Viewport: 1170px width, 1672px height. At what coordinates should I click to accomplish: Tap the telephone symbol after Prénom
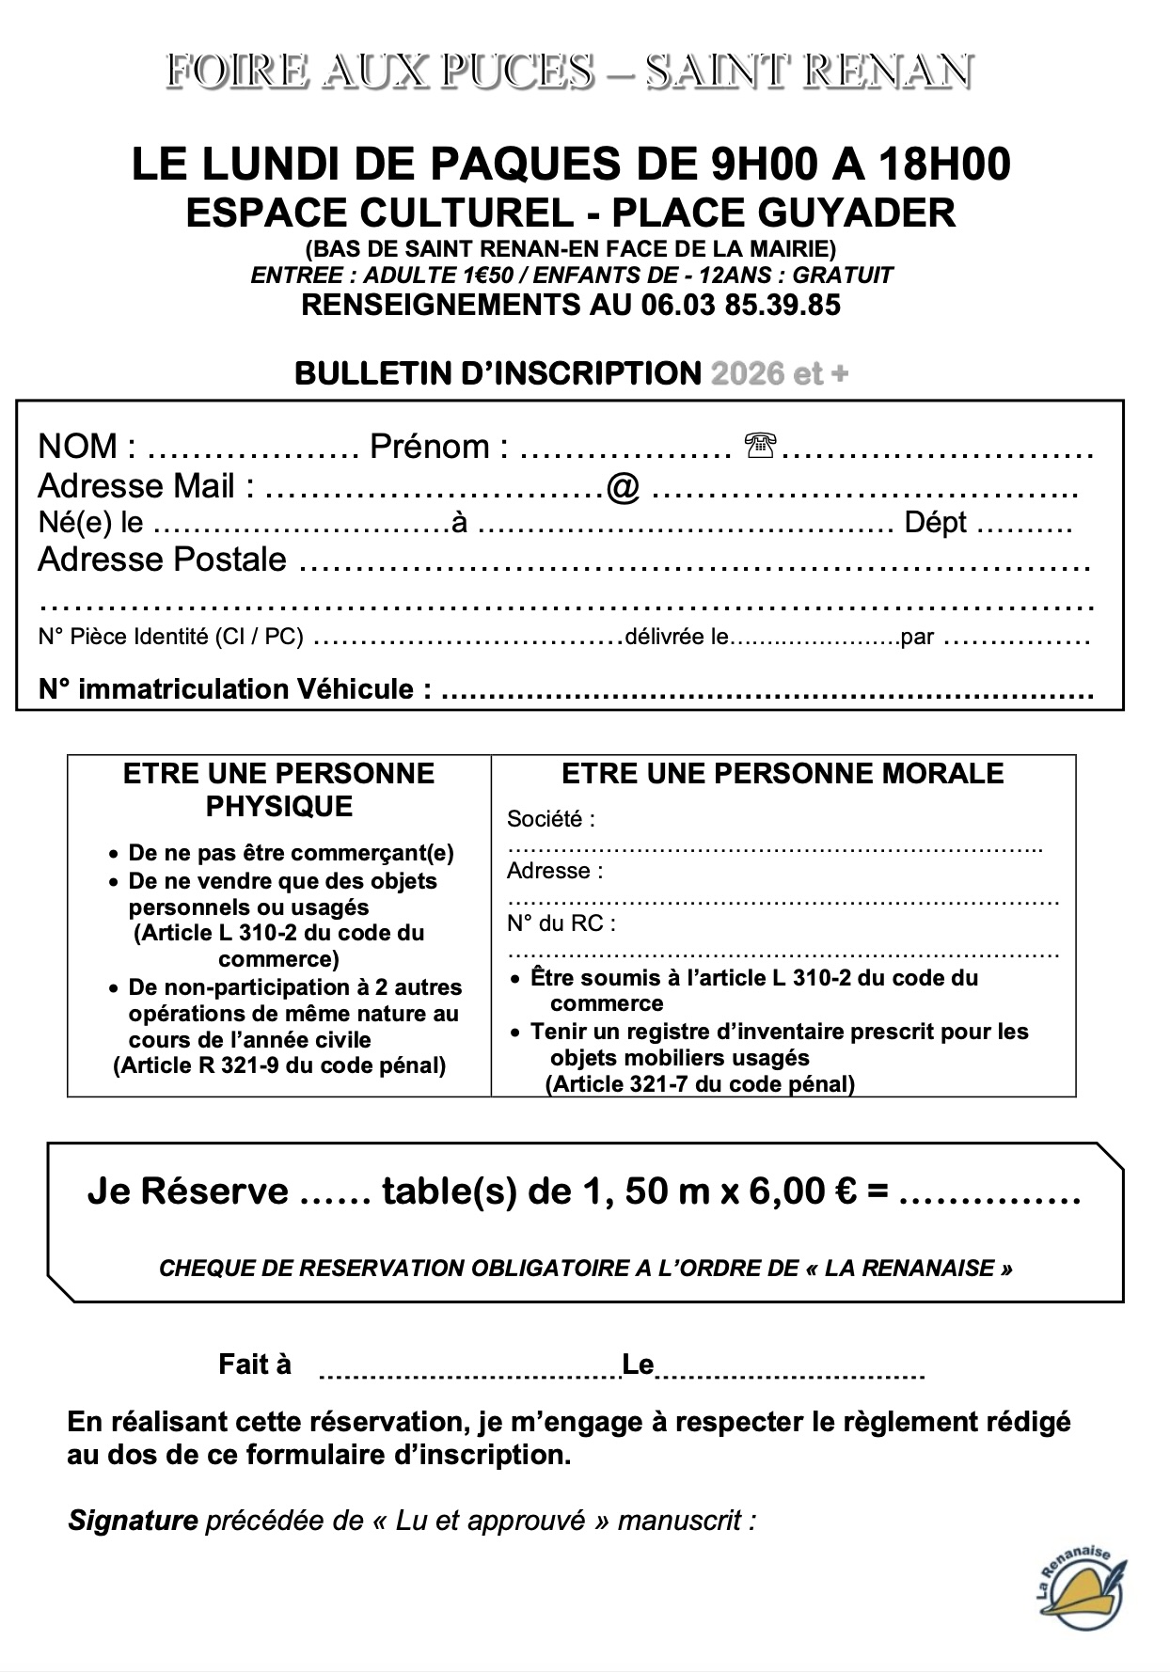(x=759, y=445)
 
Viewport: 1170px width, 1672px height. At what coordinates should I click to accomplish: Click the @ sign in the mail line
(x=624, y=487)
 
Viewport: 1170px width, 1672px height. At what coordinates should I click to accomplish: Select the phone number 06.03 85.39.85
(x=740, y=305)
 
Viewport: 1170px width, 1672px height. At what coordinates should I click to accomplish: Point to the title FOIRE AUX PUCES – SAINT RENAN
(x=570, y=72)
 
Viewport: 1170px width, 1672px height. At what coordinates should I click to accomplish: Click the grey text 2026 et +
(x=780, y=373)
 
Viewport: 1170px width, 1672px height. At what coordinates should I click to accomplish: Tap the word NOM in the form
(x=77, y=446)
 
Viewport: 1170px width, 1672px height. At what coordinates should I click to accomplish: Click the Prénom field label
(x=430, y=446)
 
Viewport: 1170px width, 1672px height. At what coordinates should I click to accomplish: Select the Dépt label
(x=935, y=523)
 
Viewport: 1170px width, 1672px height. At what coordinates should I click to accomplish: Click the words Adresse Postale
(x=162, y=560)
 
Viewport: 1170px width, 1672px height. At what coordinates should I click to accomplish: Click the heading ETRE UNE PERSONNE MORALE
(x=783, y=773)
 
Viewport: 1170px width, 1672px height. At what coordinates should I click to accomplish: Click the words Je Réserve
(x=187, y=1191)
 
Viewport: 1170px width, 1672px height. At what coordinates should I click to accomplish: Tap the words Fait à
(x=255, y=1364)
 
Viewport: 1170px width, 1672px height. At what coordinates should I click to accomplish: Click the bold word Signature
(x=133, y=1521)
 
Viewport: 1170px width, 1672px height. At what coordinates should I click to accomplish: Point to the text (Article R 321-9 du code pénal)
(x=279, y=1065)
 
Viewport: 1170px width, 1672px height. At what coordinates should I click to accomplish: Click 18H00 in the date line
(x=944, y=165)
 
